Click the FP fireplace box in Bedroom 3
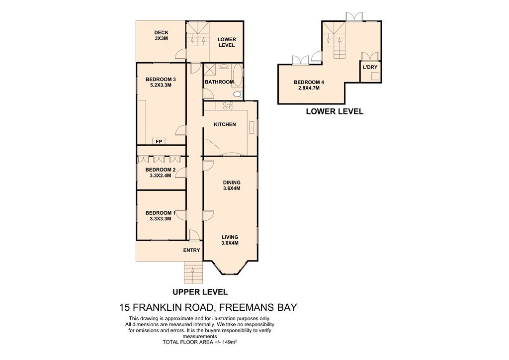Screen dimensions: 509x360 (x=159, y=141)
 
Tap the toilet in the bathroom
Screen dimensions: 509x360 (x=238, y=94)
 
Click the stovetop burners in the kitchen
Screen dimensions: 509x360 (x=228, y=105)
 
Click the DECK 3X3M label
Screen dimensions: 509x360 (x=162, y=35)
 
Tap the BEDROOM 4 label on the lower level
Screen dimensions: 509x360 (x=309, y=85)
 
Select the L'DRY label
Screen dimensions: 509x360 (x=370, y=67)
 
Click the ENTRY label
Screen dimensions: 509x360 (x=191, y=250)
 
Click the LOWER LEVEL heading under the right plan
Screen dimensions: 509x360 (x=335, y=111)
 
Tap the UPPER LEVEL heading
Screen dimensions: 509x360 (x=200, y=292)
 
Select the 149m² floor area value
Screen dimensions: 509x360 (x=230, y=342)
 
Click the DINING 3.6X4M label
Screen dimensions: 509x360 (x=232, y=185)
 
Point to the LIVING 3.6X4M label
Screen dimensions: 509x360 (x=230, y=240)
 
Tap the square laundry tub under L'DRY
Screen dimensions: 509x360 (x=375, y=76)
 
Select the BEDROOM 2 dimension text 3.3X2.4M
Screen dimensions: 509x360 (x=161, y=176)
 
